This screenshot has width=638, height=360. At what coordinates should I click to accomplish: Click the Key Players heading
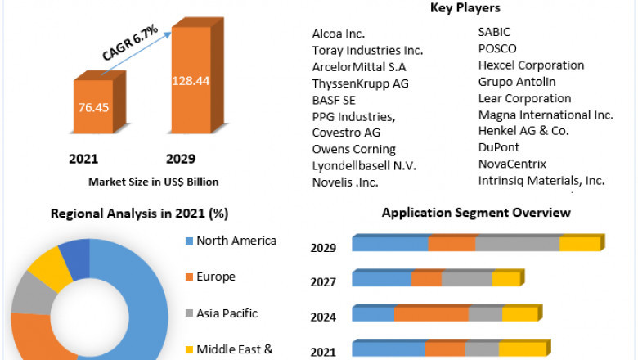(x=465, y=8)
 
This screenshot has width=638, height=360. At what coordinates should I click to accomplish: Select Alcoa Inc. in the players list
(x=339, y=34)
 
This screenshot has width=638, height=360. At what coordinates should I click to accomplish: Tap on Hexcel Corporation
(x=531, y=65)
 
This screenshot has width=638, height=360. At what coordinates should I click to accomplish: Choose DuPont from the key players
(x=499, y=147)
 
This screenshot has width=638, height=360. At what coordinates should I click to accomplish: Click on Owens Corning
(x=353, y=149)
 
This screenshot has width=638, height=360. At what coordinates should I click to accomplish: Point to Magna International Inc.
(x=546, y=115)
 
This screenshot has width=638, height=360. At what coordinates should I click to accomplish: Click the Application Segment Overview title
(x=476, y=213)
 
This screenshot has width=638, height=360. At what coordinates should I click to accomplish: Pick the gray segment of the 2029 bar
(x=517, y=244)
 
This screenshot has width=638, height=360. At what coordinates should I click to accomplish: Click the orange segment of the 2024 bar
(x=431, y=314)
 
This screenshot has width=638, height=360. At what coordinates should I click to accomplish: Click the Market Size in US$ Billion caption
(x=154, y=182)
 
